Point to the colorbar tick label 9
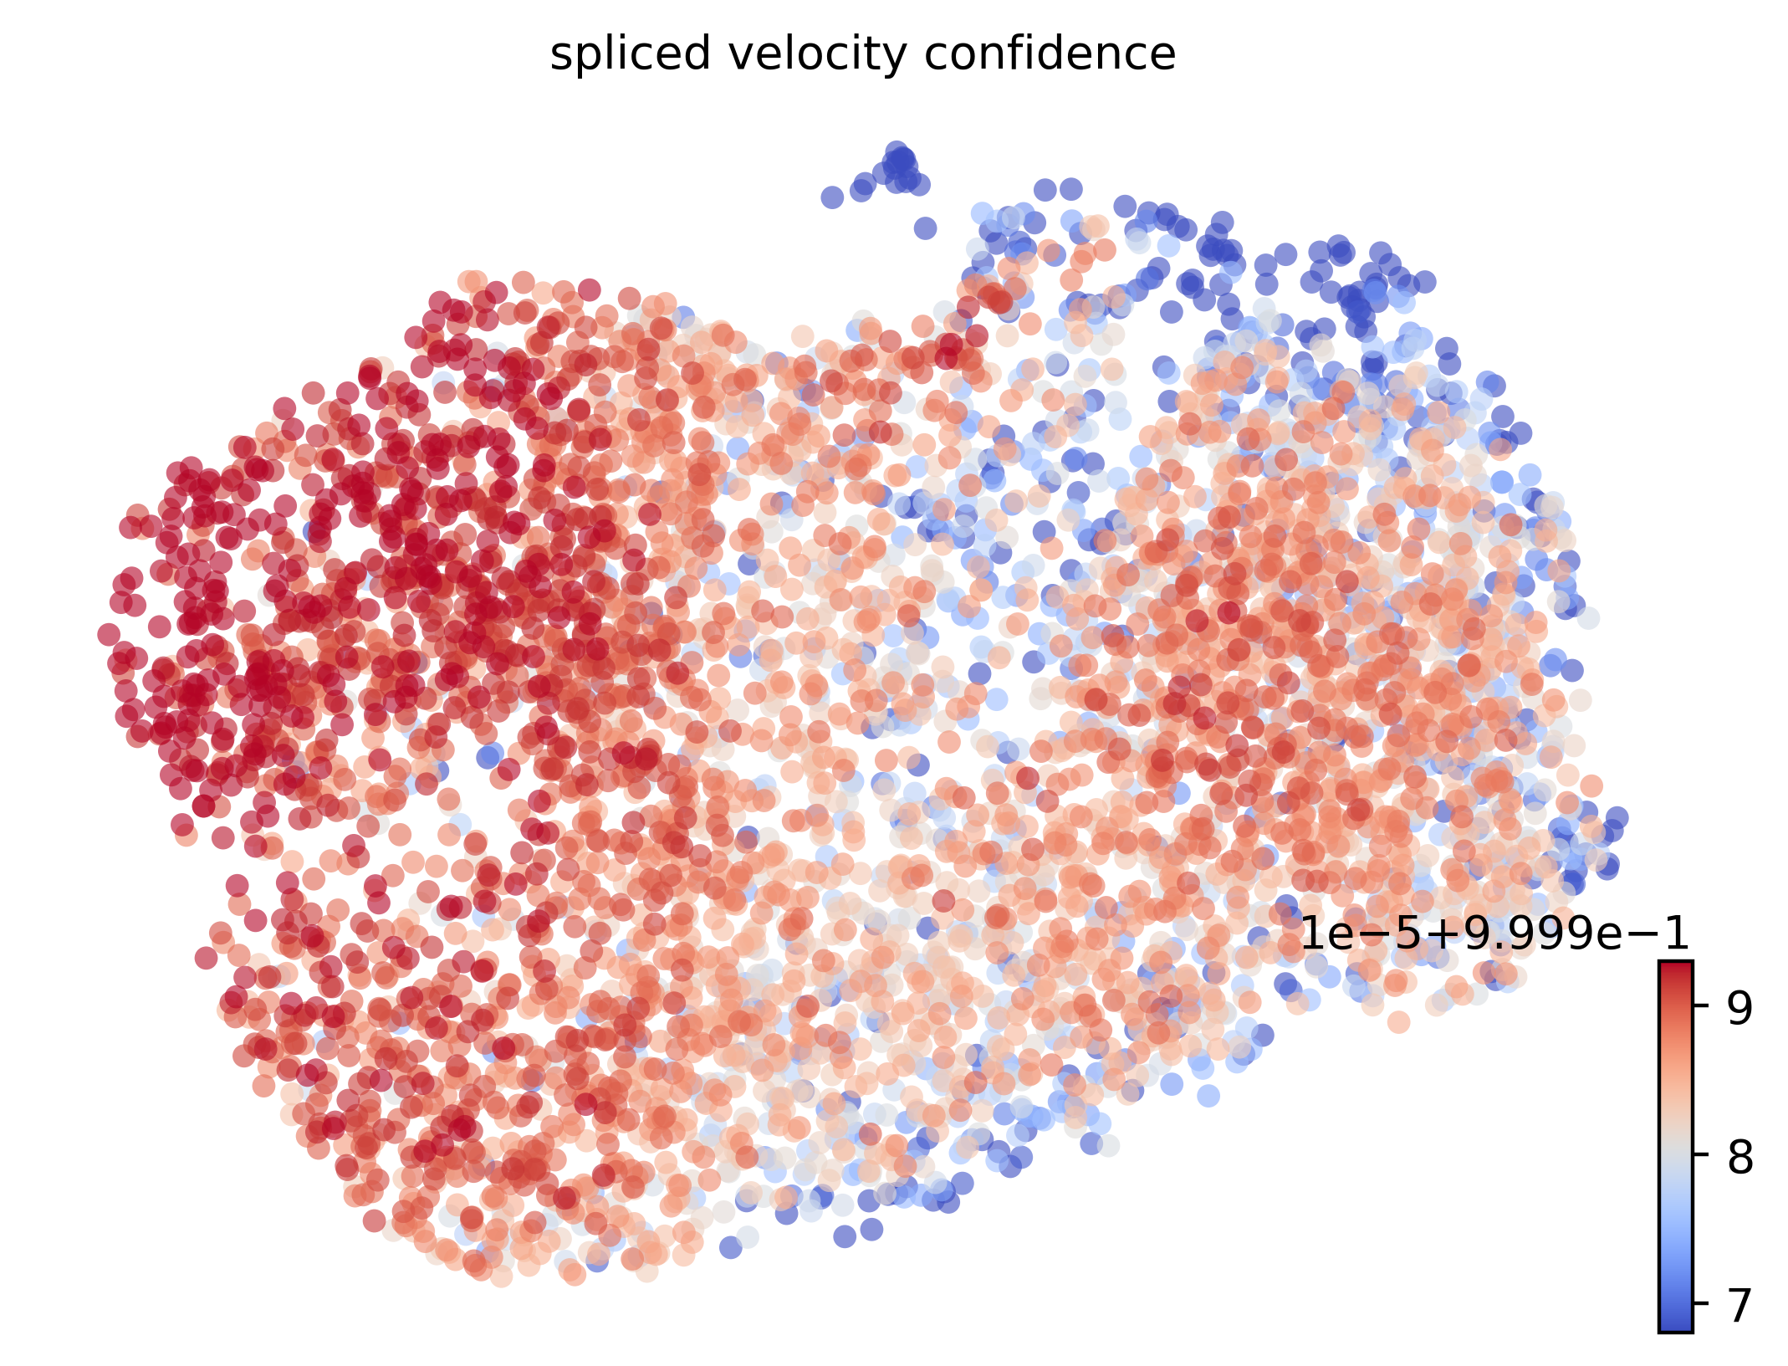click(x=1739, y=1010)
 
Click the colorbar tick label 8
click(x=1739, y=1159)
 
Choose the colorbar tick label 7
click(x=1739, y=1306)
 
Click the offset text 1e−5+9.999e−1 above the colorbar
click(x=1494, y=933)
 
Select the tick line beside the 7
click(x=1698, y=1303)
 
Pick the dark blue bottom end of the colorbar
click(x=1676, y=1325)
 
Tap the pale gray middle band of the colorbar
click(x=1676, y=1154)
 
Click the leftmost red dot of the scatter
click(x=109, y=635)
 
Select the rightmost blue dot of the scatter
click(x=1617, y=817)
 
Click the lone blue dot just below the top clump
click(x=925, y=228)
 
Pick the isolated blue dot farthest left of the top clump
click(x=832, y=197)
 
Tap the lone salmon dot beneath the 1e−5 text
click(x=1398, y=1021)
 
